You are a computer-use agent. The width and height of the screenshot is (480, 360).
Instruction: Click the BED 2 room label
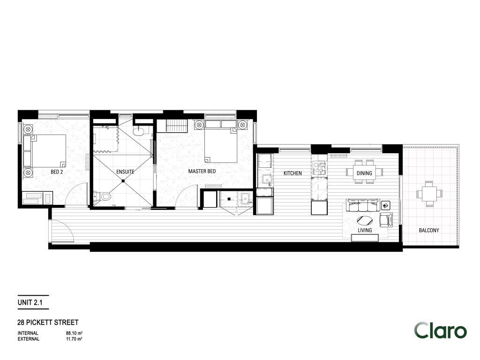57,172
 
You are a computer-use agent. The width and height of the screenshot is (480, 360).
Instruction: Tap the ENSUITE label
125,172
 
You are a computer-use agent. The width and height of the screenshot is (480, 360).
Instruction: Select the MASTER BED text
202,172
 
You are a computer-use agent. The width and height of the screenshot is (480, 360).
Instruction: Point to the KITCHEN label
292,173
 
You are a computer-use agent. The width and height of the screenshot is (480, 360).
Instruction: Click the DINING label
364,173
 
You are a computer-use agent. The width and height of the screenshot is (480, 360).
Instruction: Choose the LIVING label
365,231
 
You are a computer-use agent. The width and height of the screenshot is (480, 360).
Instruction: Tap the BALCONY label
429,230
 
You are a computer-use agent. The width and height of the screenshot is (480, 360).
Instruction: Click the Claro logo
440,331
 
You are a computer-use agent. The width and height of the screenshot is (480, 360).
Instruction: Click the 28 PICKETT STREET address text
47,322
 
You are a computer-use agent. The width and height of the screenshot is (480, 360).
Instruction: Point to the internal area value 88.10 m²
75,333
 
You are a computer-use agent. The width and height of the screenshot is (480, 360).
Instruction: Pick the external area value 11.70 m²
75,338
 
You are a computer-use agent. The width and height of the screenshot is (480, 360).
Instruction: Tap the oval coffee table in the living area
366,220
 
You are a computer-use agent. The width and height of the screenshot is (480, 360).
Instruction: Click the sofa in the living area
362,205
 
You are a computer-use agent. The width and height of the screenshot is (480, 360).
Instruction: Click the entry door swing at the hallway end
62,232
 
